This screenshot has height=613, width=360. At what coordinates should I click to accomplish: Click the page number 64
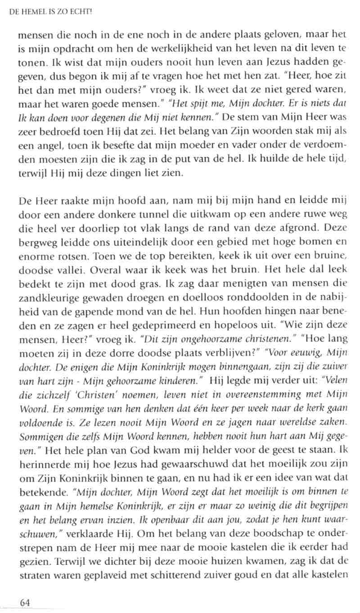(23, 602)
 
